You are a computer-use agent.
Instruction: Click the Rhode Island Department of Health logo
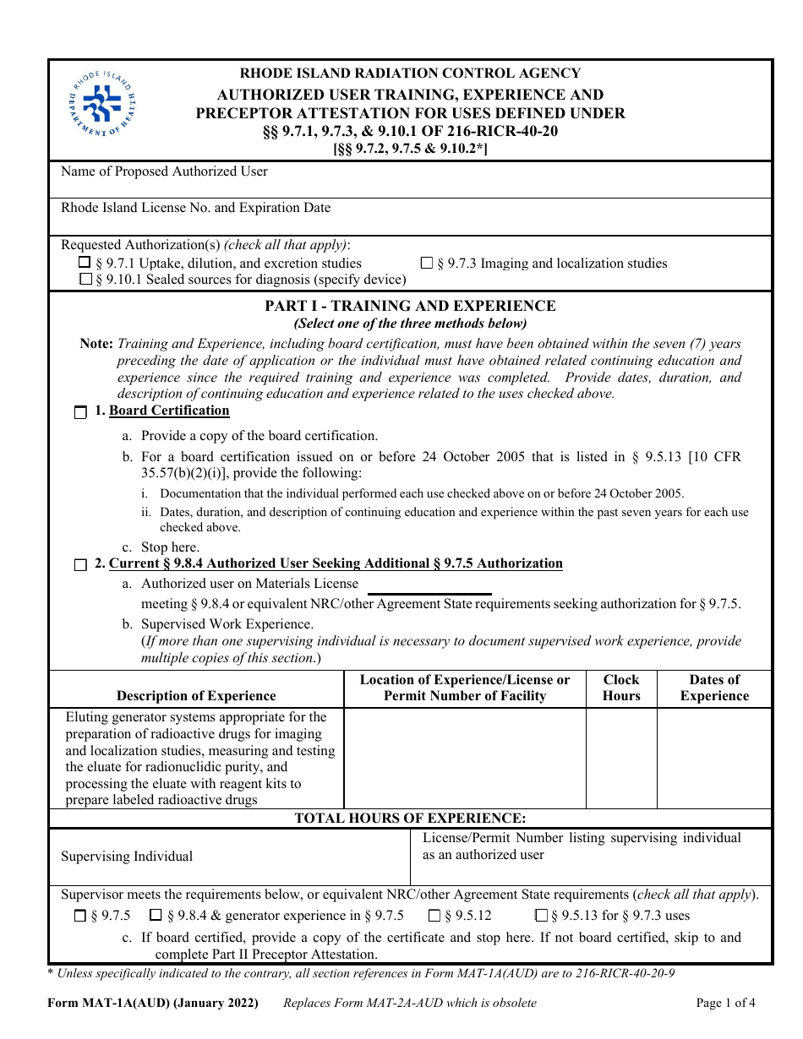click(103, 104)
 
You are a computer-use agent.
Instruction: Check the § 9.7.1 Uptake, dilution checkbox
click(85, 263)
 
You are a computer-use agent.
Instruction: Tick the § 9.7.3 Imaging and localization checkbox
click(427, 263)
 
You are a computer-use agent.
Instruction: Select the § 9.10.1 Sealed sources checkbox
click(85, 280)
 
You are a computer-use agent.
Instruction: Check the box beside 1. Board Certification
click(80, 412)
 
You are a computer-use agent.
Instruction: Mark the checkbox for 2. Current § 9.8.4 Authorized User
click(80, 565)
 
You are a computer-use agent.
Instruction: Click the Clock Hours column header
click(621, 688)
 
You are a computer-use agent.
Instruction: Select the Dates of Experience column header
click(714, 688)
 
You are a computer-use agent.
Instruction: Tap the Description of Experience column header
click(196, 696)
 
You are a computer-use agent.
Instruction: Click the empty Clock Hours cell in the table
click(621, 758)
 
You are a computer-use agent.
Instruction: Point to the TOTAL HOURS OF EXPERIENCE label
click(410, 818)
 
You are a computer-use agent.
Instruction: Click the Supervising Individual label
click(127, 857)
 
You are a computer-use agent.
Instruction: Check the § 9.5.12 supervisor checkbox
click(434, 916)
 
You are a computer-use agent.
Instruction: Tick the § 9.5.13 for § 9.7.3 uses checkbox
click(541, 916)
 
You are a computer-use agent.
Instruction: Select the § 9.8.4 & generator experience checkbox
click(156, 916)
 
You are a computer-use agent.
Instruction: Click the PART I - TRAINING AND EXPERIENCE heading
click(410, 306)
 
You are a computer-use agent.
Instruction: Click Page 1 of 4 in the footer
click(725, 1004)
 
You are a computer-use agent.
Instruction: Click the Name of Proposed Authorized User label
click(164, 171)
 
